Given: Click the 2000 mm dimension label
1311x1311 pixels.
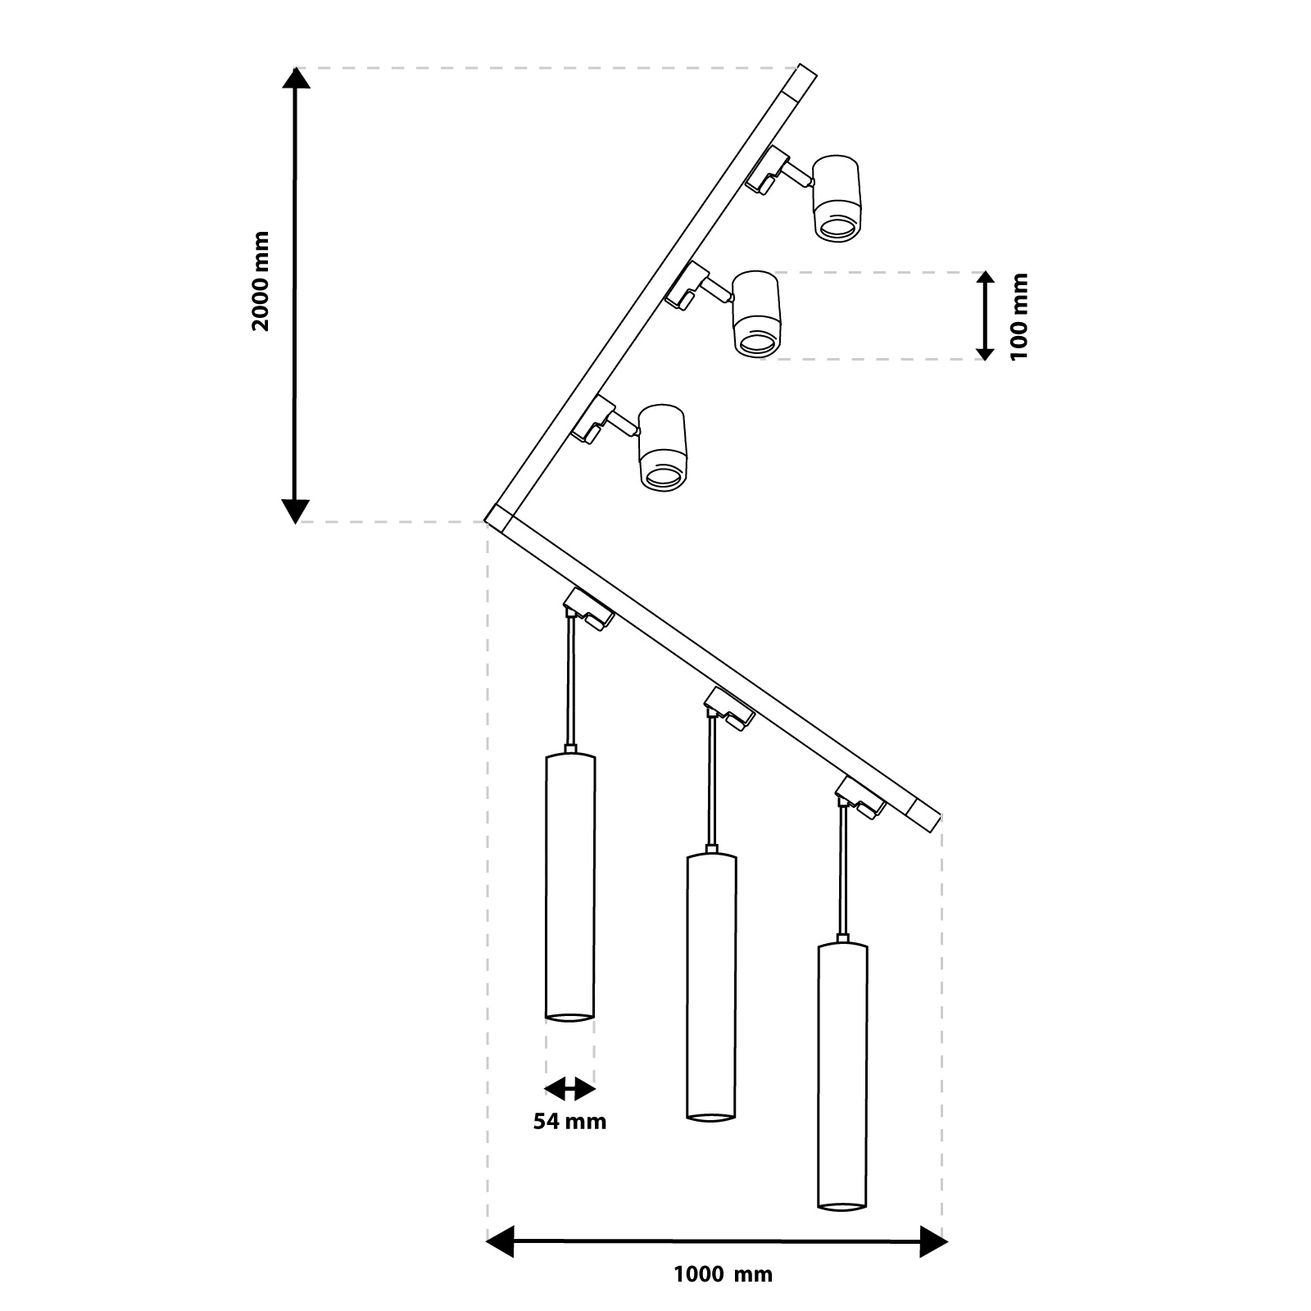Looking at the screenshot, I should click(261, 281).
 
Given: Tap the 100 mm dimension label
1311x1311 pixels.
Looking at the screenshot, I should click(1018, 316).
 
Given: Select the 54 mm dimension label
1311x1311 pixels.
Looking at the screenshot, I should click(569, 1121).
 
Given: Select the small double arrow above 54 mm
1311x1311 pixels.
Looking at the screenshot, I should click(569, 1089).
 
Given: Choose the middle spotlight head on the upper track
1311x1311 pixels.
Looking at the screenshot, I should click(756, 313).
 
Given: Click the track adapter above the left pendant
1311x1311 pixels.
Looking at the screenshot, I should click(587, 608).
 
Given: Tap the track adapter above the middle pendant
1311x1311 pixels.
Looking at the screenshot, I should click(728, 705).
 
